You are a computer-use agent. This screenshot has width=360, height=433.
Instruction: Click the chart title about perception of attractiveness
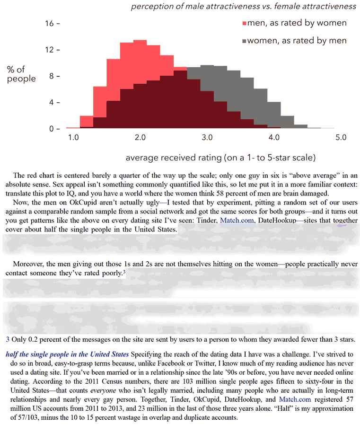[243, 6]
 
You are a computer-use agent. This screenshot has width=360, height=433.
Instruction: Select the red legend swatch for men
[245, 23]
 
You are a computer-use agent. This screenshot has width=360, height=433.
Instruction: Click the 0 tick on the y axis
[52, 129]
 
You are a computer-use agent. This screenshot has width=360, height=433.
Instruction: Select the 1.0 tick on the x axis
[73, 138]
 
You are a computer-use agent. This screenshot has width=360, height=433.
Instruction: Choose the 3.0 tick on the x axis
[207, 138]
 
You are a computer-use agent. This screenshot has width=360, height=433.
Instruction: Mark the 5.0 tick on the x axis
[341, 138]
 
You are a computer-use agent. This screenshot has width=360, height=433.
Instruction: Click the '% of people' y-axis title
[21, 74]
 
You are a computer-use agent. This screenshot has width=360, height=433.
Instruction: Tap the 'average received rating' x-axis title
[220, 157]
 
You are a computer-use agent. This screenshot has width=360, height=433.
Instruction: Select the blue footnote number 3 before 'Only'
[7, 339]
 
